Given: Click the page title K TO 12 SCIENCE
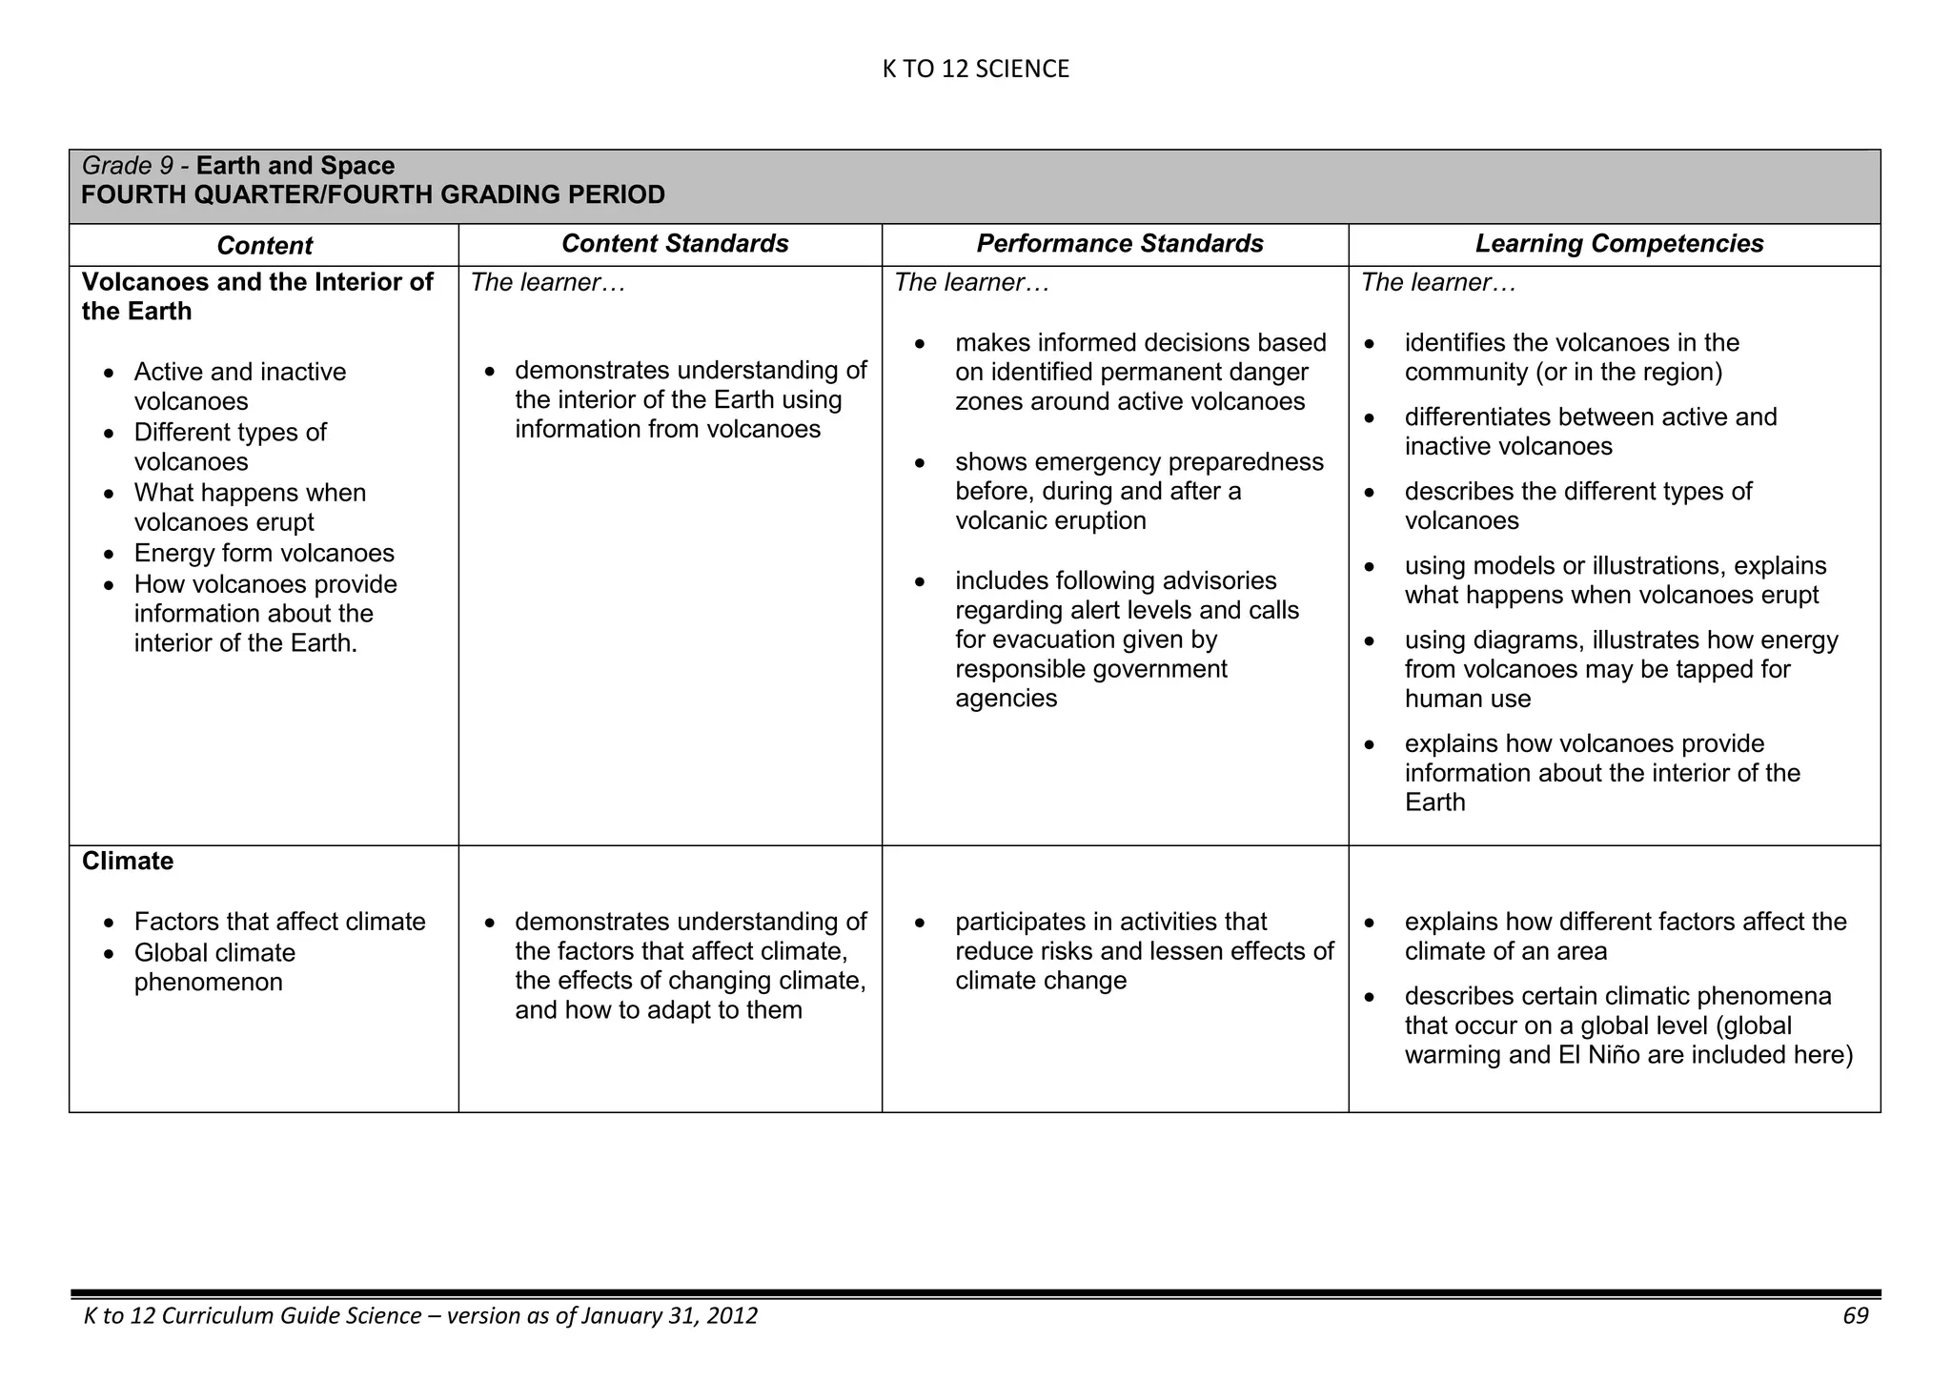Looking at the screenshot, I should [975, 69].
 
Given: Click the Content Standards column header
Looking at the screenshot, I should [674, 244].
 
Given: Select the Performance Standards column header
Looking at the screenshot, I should [1119, 244].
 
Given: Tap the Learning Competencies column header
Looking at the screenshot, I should [1618, 244].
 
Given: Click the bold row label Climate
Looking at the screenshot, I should [128, 862].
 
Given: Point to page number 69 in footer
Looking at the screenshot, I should [1855, 1316].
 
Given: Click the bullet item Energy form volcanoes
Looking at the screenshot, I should [264, 554].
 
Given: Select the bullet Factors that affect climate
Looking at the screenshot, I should [279, 923].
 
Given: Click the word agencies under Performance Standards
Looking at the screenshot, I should [1006, 699].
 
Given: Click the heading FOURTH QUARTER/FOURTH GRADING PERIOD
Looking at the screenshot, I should [373, 195].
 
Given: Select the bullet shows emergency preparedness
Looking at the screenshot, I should [1139, 462].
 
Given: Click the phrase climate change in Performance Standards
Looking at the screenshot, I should [1040, 981].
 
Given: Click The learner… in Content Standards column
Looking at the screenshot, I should [548, 283].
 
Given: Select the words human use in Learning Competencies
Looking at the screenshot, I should [1467, 699].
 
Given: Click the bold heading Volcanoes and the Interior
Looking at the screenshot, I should [257, 283].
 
